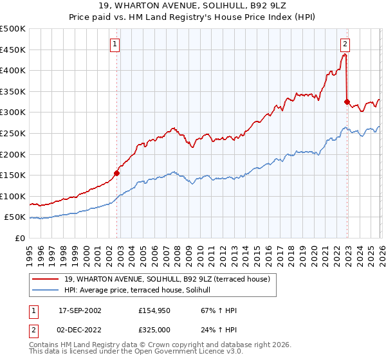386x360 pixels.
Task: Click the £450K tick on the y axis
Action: click(x=13, y=50)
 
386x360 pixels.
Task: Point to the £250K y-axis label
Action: click(x=13, y=133)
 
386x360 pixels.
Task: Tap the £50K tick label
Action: click(x=15, y=217)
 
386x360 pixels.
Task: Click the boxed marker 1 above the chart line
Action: click(x=115, y=44)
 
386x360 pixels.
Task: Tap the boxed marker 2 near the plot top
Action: click(x=345, y=44)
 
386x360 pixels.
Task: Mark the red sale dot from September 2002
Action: click(x=117, y=172)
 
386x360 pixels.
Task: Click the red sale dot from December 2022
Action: click(x=347, y=102)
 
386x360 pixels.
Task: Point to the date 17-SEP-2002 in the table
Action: click(x=80, y=310)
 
